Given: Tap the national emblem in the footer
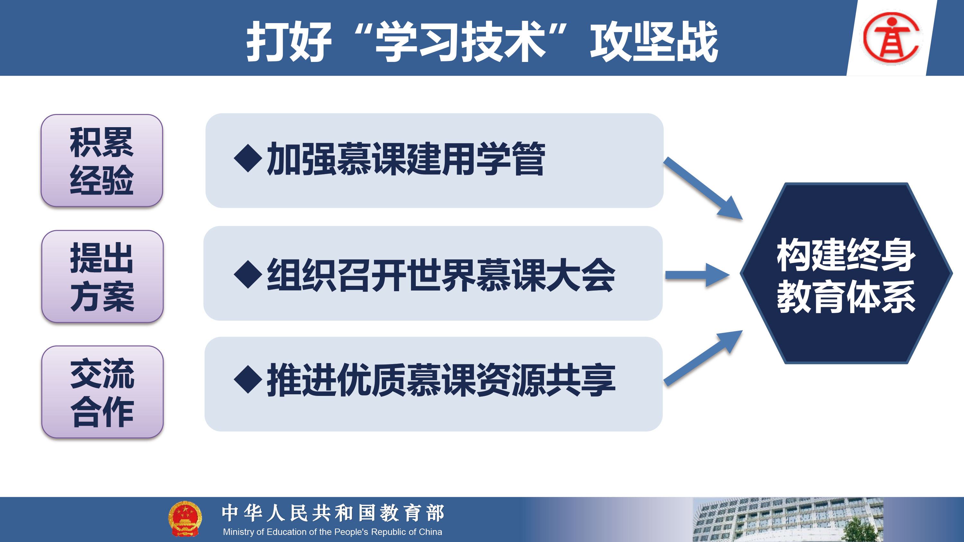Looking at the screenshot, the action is [185, 519].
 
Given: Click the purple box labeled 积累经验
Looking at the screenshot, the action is [102, 161].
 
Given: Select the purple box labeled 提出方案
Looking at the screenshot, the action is [103, 276].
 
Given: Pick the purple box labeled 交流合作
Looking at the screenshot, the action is [103, 392].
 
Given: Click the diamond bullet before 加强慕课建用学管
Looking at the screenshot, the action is [248, 158].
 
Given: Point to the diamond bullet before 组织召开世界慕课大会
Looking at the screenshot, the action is [248, 275].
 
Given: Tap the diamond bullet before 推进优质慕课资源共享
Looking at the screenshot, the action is [248, 380].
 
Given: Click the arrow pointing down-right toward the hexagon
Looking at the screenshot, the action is [703, 188].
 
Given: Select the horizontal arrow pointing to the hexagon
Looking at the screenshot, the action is [697, 275].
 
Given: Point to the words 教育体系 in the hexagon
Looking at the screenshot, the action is [846, 297].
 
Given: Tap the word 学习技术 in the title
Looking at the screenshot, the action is [460, 41].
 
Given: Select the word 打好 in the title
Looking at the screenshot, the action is [289, 41].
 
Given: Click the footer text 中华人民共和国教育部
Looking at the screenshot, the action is [333, 513].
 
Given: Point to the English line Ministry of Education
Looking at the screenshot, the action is [332, 532].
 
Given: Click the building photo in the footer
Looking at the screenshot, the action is [788, 520].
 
